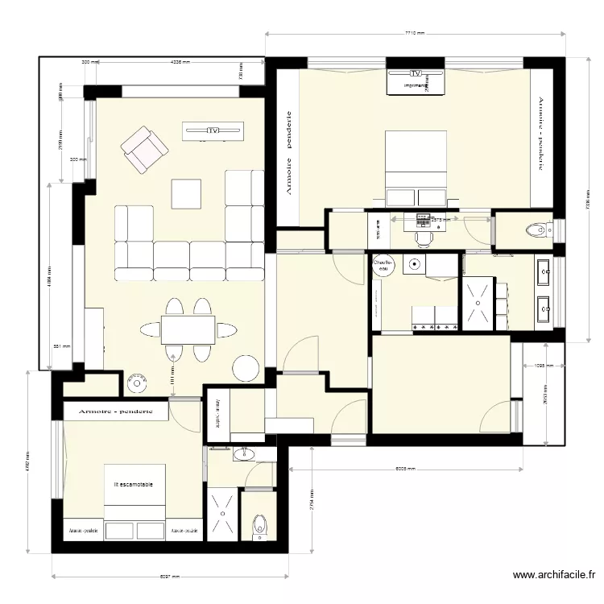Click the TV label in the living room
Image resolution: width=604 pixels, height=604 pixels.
coord(213,130)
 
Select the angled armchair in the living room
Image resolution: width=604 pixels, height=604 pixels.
coord(145,149)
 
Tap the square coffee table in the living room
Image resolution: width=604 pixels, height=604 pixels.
coord(186,193)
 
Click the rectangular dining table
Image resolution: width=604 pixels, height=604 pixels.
coord(188,329)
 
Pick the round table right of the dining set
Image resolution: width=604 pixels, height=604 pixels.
coord(246,368)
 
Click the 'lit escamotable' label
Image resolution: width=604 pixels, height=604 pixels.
coord(134,484)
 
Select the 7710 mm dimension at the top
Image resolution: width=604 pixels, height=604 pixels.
coord(414,34)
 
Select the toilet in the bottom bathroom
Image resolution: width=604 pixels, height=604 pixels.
coord(259,527)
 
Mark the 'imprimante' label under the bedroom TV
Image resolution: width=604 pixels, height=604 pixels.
coord(416,85)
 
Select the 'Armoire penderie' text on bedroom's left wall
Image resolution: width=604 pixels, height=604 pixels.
coord(288,153)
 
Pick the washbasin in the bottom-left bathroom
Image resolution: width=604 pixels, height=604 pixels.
coord(243,456)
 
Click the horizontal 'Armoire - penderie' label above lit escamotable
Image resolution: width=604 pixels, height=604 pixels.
coord(115,411)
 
